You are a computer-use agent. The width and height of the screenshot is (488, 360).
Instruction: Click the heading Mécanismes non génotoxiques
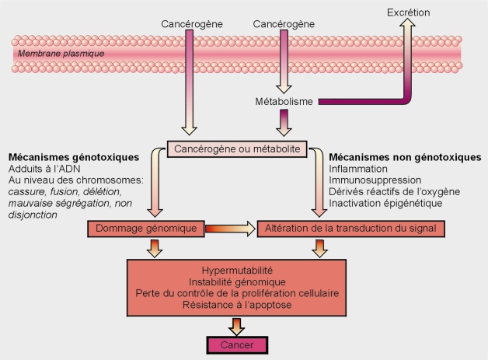pos(405,156)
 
